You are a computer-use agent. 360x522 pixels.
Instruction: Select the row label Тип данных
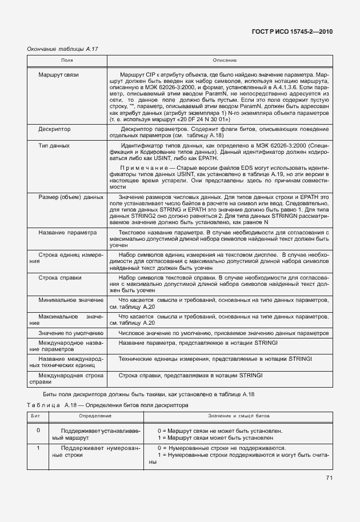point(54,146)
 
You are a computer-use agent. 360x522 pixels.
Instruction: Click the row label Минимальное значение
point(71,300)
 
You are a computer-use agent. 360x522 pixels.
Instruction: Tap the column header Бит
point(38,417)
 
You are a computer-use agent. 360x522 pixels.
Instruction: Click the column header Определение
point(95,417)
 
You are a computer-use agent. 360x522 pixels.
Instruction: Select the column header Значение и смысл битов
point(238,417)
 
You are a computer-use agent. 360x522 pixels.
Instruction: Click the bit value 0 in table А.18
point(38,430)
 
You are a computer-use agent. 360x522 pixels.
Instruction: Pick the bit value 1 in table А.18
point(38,448)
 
